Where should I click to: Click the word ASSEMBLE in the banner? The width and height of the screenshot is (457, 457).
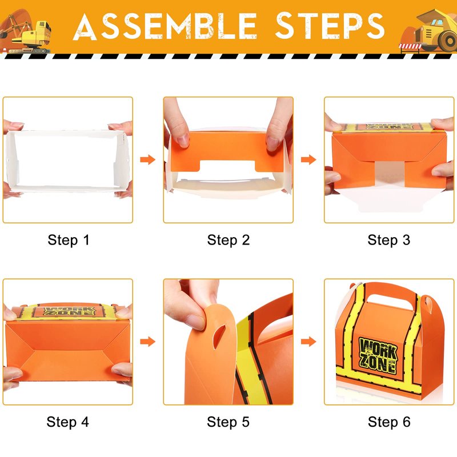coord(165,26)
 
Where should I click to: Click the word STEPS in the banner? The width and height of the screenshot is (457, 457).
coord(330,26)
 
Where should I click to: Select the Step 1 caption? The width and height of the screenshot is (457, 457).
coord(69,240)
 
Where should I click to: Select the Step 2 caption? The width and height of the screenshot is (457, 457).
coord(228,240)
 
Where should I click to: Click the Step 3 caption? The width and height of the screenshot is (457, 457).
coord(389,240)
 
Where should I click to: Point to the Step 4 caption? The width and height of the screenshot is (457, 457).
coord(67,422)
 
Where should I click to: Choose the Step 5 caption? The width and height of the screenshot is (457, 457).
coord(228,422)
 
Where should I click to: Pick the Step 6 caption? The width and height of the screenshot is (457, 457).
coord(389,422)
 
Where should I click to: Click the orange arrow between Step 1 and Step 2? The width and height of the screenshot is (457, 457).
coord(148,159)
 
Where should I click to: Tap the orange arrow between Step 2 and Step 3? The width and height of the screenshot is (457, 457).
coord(308,159)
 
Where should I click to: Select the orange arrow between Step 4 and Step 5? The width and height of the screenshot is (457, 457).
coord(148,341)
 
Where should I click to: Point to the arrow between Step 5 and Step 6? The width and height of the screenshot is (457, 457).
coord(308,341)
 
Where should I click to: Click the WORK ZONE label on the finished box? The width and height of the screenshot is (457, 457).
coord(378,355)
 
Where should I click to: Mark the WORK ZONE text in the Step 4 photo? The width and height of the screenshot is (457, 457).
coord(69,311)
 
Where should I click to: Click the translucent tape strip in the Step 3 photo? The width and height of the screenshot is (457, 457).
coord(390,173)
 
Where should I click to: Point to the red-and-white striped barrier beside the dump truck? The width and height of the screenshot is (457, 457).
coord(410,46)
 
